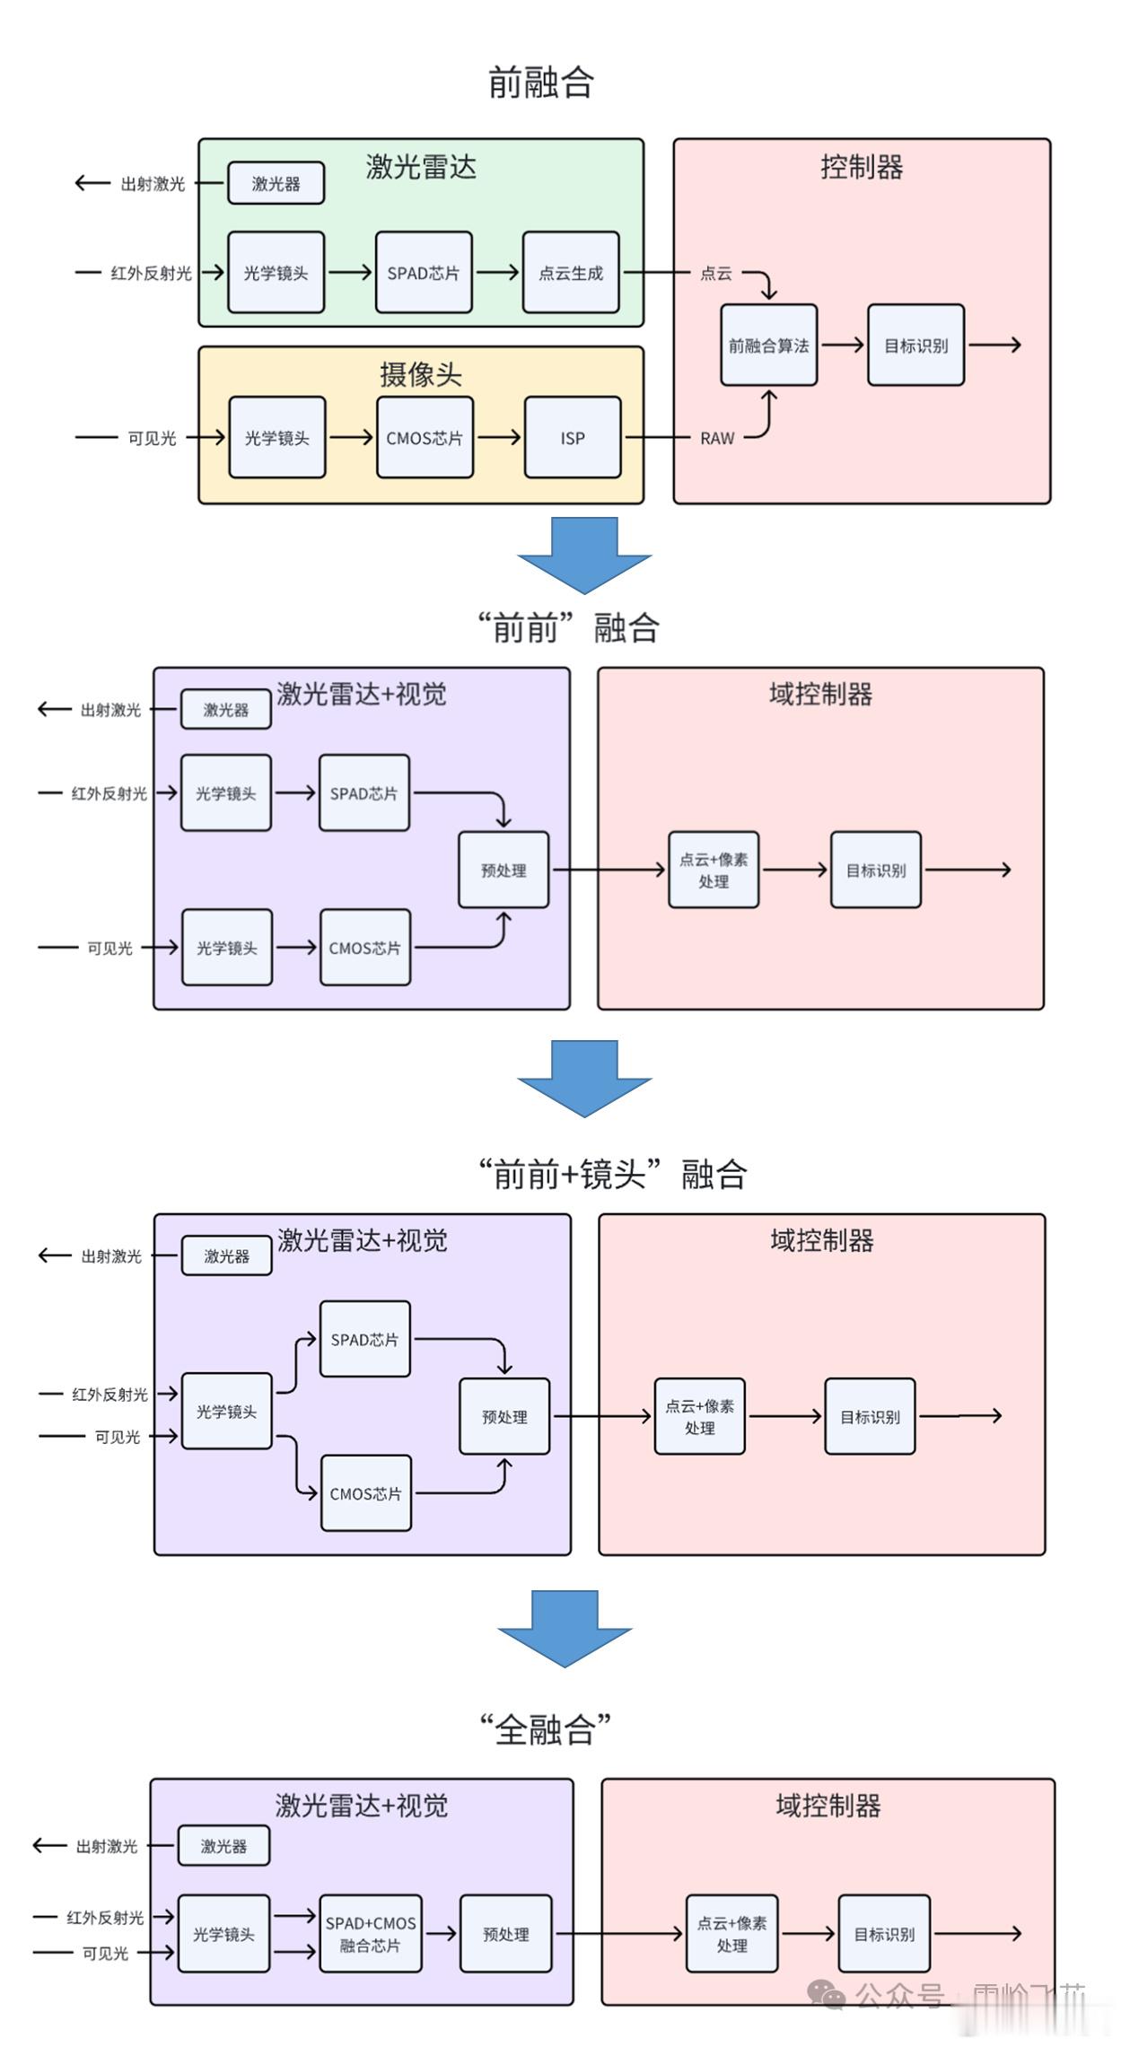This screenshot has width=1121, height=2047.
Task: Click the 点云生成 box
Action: click(x=571, y=273)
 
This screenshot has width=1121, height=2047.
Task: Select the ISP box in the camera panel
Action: click(x=573, y=438)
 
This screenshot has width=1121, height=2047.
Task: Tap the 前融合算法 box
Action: click(x=768, y=346)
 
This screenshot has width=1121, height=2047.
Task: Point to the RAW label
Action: click(x=717, y=438)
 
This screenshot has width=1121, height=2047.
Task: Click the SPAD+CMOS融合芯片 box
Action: click(x=371, y=1934)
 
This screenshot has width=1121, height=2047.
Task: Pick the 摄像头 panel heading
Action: click(x=420, y=374)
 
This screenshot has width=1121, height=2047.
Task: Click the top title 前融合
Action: click(x=540, y=82)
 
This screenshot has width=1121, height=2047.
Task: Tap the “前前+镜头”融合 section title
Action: click(x=612, y=1174)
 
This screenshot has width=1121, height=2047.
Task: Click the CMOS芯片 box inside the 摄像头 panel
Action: click(x=425, y=438)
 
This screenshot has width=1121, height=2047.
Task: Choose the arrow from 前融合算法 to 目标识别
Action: click(x=842, y=345)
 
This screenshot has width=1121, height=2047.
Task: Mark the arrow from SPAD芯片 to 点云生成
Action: click(x=497, y=272)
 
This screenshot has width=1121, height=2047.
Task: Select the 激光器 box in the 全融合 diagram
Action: click(x=223, y=1846)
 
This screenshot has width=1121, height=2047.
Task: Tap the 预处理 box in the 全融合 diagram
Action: click(x=505, y=1934)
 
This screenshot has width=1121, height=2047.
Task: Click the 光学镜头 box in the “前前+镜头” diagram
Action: click(x=226, y=1412)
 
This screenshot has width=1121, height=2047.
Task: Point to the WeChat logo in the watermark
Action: click(x=826, y=1994)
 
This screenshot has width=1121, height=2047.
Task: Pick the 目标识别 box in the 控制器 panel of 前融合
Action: click(x=915, y=346)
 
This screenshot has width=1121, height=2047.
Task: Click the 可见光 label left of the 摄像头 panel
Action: click(x=152, y=438)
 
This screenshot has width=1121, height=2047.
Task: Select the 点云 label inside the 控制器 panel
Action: click(x=716, y=273)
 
